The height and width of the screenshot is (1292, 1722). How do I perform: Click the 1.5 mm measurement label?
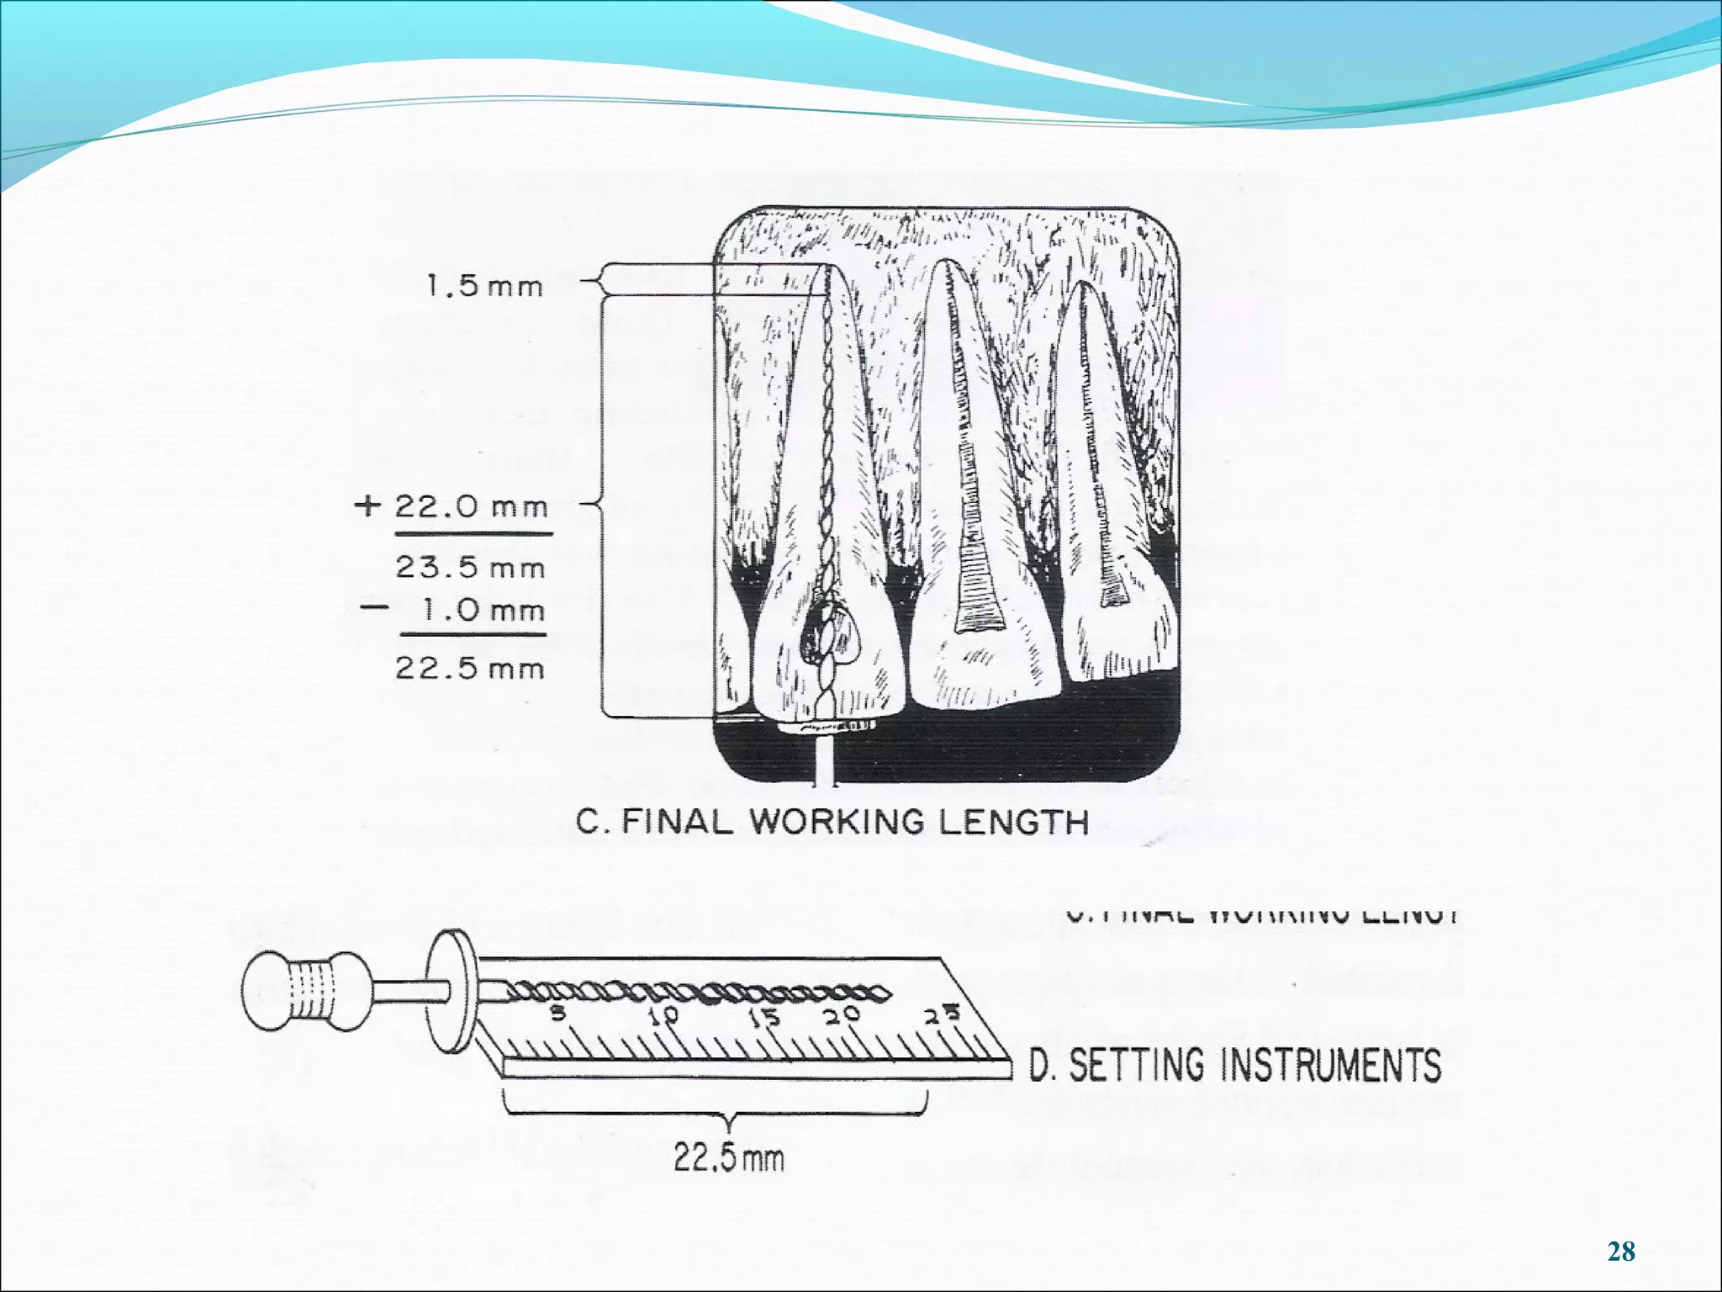[x=484, y=287]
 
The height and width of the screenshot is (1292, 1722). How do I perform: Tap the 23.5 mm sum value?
[x=470, y=568]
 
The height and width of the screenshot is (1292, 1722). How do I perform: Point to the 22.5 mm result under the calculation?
[x=470, y=669]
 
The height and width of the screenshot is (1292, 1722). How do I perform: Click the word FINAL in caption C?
[x=678, y=821]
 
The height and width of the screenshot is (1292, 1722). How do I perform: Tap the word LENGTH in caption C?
[x=1013, y=821]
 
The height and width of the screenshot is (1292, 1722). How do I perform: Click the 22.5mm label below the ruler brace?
[x=728, y=1159]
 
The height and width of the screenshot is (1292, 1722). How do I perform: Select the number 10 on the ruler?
[x=663, y=1015]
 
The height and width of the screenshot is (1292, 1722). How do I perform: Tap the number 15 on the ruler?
[x=764, y=1017]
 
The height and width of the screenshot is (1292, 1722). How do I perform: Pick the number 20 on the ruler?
[x=842, y=1015]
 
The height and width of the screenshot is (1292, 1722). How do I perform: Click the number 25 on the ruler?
[x=943, y=1015]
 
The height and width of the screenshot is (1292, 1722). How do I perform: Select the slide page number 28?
[x=1621, y=1252]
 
